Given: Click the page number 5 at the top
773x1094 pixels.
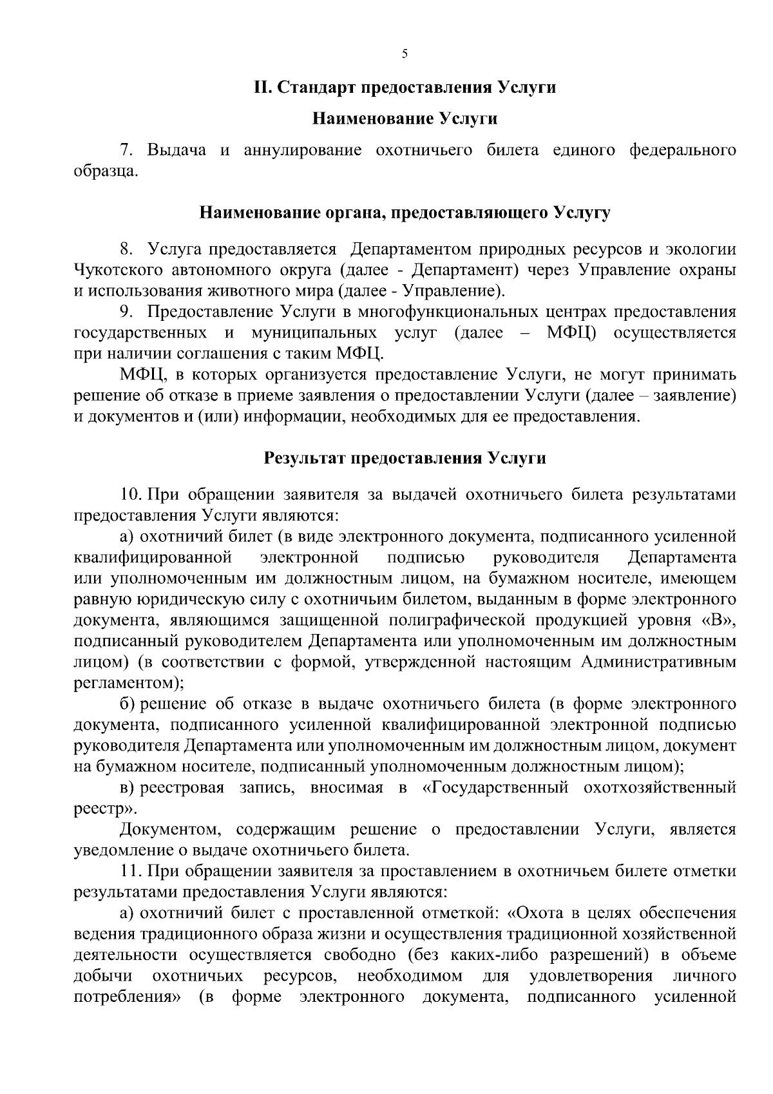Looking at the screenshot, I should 405,55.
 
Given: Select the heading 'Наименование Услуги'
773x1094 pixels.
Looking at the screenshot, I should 405,119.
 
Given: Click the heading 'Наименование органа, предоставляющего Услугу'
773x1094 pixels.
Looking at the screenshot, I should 405,213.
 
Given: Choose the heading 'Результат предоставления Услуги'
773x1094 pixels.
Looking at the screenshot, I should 405,459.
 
